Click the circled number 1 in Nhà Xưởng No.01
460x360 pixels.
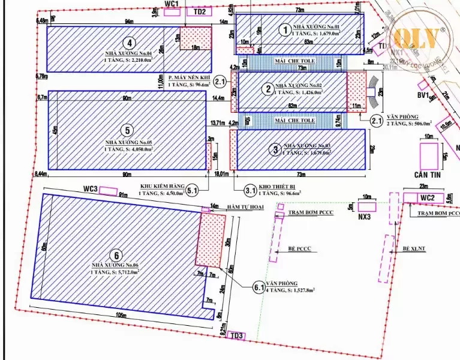(285, 28)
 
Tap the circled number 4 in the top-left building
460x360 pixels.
(128, 43)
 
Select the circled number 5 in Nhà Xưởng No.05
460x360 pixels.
(126, 130)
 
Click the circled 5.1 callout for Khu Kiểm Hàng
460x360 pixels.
(193, 190)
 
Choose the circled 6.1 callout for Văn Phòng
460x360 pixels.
(259, 288)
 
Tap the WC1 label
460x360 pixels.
(172, 4)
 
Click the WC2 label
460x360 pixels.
(426, 197)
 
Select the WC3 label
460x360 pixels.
(91, 189)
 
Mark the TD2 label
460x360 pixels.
(199, 11)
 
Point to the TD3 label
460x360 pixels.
(237, 335)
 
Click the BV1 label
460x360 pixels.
(423, 95)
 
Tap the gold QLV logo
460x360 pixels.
(420, 38)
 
